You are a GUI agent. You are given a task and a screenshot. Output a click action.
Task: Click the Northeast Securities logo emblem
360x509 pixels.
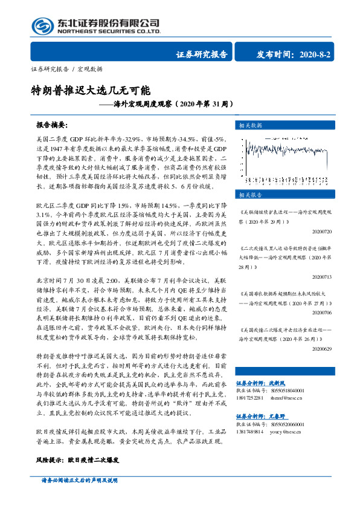[x=42, y=26]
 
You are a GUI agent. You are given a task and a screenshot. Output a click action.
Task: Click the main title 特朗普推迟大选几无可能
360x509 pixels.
[x=90, y=91]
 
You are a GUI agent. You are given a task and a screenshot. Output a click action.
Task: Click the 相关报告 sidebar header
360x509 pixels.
[x=250, y=195]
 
